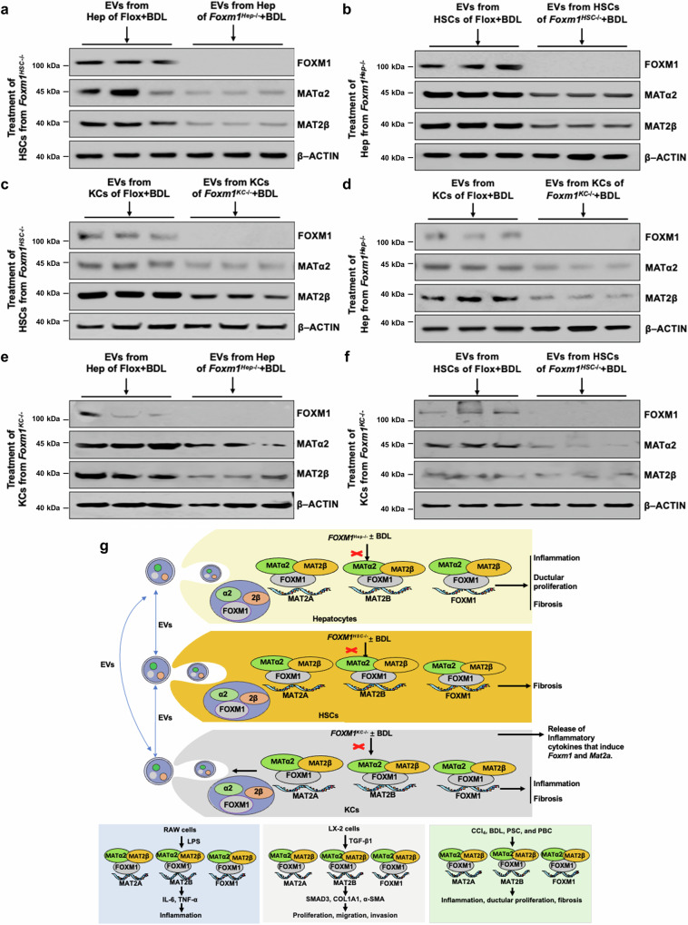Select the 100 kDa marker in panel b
[388, 66]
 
